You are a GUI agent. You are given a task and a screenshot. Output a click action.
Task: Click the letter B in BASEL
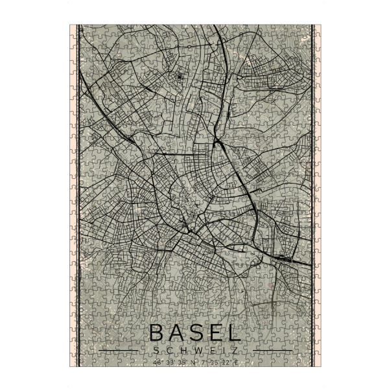[158, 333]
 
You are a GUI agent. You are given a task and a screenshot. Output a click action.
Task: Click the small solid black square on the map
[179, 77]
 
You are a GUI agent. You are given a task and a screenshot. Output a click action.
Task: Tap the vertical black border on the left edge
[78, 194]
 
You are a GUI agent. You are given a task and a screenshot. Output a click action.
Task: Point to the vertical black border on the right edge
[312, 194]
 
